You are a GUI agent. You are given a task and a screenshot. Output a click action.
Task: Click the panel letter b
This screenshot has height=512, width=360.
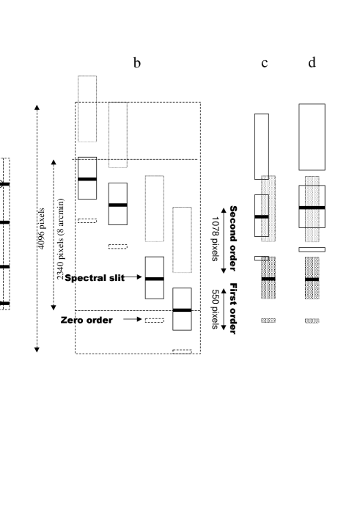[137, 62]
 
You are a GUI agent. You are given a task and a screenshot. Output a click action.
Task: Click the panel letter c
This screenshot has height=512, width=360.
[265, 63]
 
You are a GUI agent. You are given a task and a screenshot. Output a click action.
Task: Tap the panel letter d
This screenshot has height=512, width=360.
[312, 62]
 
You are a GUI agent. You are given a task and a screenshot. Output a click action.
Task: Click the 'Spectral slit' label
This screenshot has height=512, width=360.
[95, 278]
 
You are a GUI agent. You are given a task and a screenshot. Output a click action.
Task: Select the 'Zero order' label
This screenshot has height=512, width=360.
[87, 320]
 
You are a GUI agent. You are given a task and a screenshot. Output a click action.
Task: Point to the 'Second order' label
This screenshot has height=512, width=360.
[233, 238]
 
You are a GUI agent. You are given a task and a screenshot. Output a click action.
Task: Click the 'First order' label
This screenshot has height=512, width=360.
[233, 308]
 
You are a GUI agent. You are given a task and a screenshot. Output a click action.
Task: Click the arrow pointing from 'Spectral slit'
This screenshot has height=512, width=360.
[131, 277]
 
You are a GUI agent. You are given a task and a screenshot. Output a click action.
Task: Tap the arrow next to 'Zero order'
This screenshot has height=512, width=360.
[133, 319]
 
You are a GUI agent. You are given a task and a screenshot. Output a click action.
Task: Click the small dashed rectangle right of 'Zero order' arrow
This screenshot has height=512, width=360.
[155, 321]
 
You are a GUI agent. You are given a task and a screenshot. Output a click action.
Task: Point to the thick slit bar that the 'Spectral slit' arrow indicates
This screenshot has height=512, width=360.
[155, 279]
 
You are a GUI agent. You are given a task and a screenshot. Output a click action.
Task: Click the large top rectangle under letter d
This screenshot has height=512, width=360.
[312, 137]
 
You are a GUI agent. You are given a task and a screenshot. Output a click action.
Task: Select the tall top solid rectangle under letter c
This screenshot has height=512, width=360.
[262, 147]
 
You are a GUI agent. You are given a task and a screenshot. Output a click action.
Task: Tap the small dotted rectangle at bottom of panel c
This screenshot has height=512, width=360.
[268, 321]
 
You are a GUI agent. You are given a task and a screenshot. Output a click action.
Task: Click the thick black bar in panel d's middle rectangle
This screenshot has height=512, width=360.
[312, 208]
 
